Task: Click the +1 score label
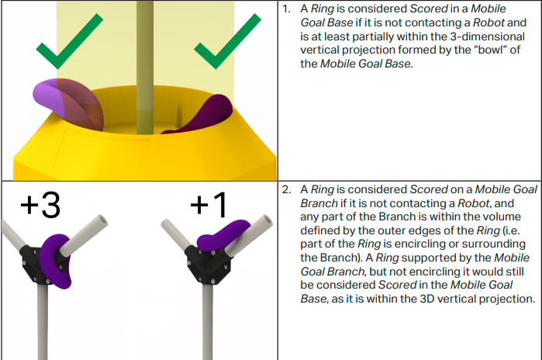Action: [209, 206]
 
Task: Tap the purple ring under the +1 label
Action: [224, 233]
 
